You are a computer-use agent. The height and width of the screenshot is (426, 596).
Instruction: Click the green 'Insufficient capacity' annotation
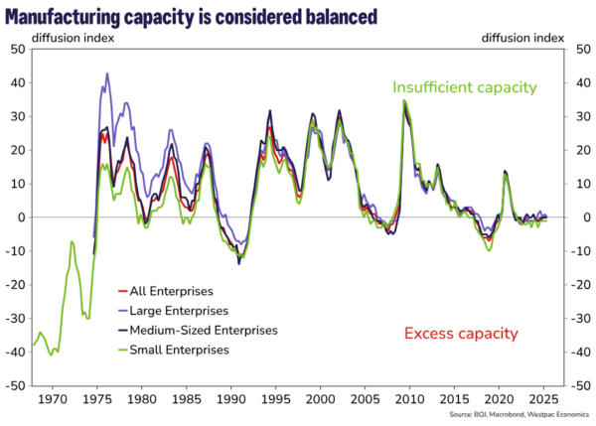464,87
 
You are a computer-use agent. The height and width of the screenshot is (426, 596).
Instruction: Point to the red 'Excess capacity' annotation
461,334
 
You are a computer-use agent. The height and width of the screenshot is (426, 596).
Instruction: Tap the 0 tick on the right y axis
578,217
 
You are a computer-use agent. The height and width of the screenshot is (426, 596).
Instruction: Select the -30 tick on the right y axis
581,318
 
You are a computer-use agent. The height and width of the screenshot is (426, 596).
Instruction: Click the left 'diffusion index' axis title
74,38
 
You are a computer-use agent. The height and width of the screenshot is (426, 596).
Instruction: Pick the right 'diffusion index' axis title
522,38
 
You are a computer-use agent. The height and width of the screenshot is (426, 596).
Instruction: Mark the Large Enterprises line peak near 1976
106,73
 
